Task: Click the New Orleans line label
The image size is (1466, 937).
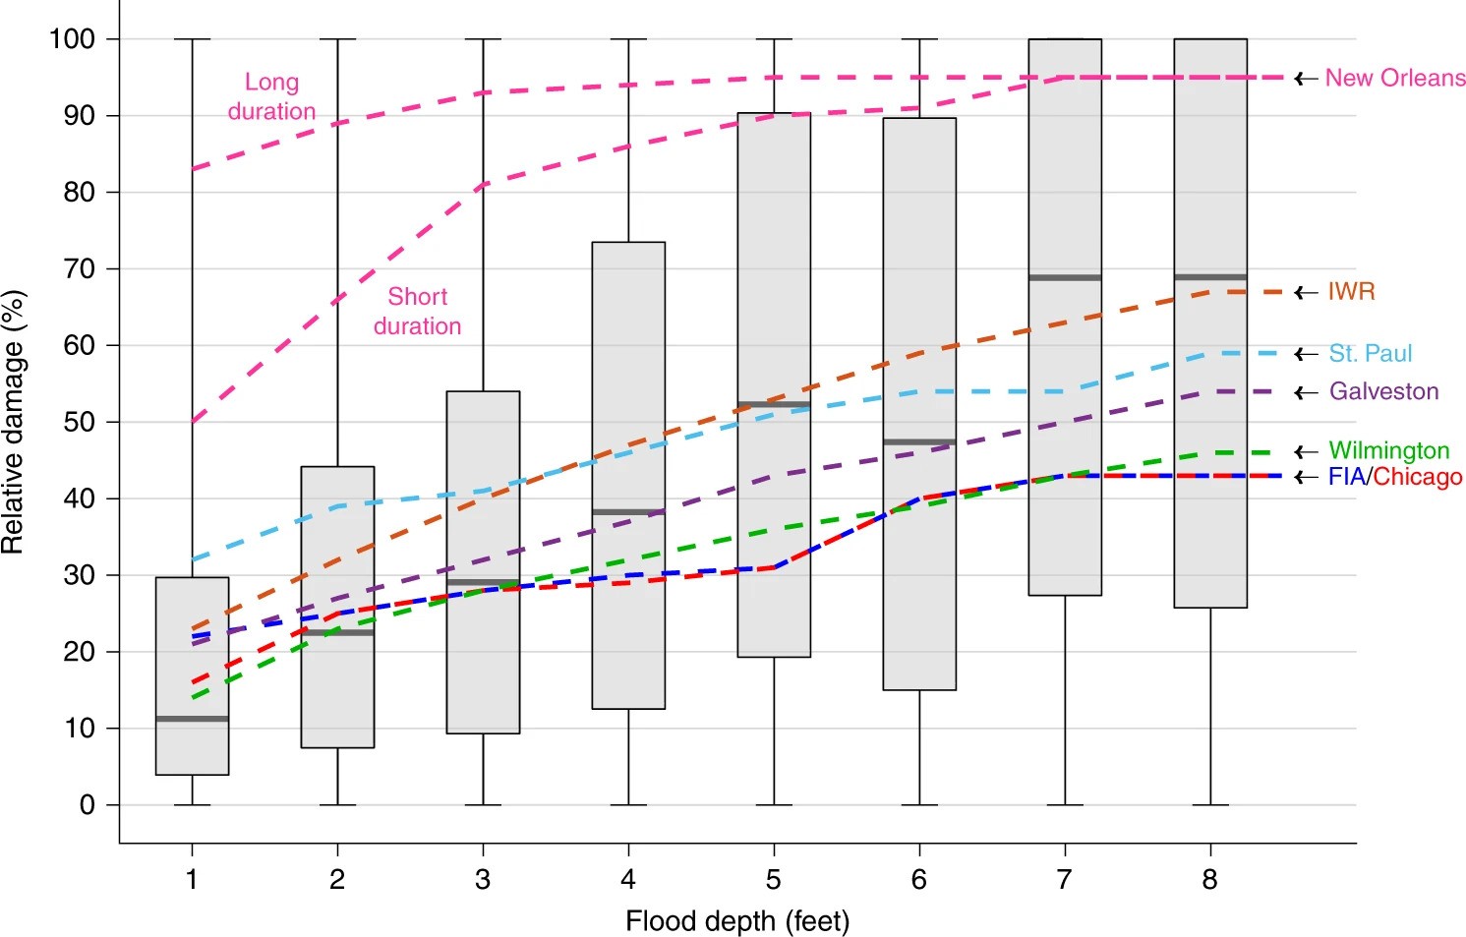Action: (1394, 78)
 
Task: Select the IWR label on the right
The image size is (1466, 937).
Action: (1351, 292)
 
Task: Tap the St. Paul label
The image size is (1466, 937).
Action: (1370, 354)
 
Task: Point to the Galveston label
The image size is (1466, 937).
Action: (1383, 391)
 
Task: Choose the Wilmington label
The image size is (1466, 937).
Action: (1388, 450)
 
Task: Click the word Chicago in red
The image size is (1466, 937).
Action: (1418, 477)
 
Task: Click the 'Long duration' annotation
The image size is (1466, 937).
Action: (271, 96)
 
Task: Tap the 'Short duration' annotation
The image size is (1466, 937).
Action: (417, 311)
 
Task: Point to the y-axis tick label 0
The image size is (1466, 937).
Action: (87, 805)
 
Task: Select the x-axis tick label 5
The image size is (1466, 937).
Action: (774, 879)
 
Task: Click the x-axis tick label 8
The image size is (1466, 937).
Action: (1209, 879)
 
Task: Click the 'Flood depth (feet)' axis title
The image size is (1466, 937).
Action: (737, 921)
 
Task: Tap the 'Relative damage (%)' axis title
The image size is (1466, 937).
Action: (13, 422)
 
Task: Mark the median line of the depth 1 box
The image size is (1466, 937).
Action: (193, 719)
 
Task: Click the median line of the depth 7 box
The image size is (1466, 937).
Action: (1065, 278)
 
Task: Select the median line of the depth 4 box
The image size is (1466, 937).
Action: (628, 512)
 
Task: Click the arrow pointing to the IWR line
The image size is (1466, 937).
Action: (1306, 292)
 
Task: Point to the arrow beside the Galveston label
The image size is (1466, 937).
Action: (1306, 392)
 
